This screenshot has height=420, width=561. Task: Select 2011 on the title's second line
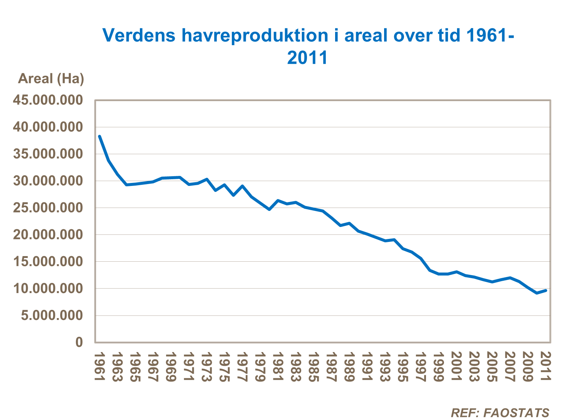coord(307,58)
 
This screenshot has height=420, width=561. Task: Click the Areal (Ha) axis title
coord(51,79)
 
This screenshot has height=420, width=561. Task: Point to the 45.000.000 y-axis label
coord(48,100)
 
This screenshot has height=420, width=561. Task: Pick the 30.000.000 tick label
coord(48,181)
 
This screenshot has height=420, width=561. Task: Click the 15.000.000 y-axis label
coord(48,262)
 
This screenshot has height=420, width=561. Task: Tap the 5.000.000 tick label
coord(52,316)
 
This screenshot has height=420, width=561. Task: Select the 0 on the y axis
coord(79,342)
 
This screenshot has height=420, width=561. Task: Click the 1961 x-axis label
coord(99,367)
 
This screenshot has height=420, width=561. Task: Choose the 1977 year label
coord(242,367)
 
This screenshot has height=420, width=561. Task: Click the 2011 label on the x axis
coord(546,367)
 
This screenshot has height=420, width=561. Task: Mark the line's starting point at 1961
coord(99,136)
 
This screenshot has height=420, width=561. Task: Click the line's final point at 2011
coord(546,290)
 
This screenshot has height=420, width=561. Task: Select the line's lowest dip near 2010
coord(537,293)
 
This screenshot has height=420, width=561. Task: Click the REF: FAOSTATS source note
coord(500,413)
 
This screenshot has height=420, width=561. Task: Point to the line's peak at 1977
coord(242,186)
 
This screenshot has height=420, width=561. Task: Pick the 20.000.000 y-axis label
coord(48,235)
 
